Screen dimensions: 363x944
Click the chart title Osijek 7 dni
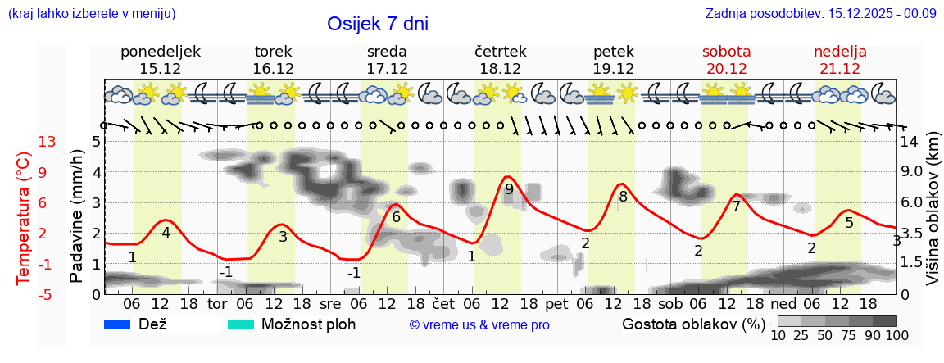377,24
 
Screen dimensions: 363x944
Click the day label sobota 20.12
726,60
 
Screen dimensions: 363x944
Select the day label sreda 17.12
387,60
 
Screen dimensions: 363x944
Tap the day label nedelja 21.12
840,60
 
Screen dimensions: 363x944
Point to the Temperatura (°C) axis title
24,217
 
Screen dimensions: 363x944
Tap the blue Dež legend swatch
118,324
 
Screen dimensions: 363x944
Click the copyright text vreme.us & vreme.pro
479,325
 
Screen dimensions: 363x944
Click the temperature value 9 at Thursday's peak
509,189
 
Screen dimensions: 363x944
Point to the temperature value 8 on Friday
623,197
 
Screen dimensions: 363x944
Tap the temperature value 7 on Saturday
736,206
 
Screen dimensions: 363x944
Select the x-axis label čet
444,304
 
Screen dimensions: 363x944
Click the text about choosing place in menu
92,14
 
